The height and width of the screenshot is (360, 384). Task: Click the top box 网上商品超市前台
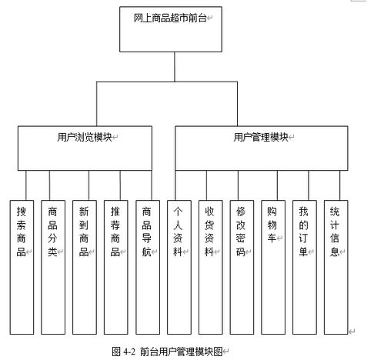[171, 29]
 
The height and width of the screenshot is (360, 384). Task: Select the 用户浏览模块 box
[85, 148]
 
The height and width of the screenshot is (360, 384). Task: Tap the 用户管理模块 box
[262, 148]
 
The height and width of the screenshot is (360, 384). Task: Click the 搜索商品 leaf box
[22, 267]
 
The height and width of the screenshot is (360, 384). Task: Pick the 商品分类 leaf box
[53, 267]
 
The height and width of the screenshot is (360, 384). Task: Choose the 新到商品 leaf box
[85, 267]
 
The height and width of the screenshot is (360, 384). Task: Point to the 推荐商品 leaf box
[116, 267]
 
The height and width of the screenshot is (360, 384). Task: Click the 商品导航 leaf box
[148, 267]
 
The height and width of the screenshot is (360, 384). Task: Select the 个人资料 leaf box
[179, 267]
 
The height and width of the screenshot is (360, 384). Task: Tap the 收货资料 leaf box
[211, 267]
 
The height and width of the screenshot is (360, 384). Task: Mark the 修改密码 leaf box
[242, 267]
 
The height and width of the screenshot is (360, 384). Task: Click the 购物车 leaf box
[273, 267]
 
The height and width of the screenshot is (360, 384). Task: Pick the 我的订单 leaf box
[305, 267]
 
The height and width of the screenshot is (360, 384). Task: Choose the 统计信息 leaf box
[336, 267]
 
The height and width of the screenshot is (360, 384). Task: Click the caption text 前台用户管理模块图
[181, 352]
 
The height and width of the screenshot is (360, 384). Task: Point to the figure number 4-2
[129, 352]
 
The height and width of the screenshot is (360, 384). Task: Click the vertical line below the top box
[175, 67]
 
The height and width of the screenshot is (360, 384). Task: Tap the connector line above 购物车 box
[277, 185]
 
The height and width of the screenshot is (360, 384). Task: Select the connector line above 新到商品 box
[88, 185]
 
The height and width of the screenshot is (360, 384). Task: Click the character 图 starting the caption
[116, 352]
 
